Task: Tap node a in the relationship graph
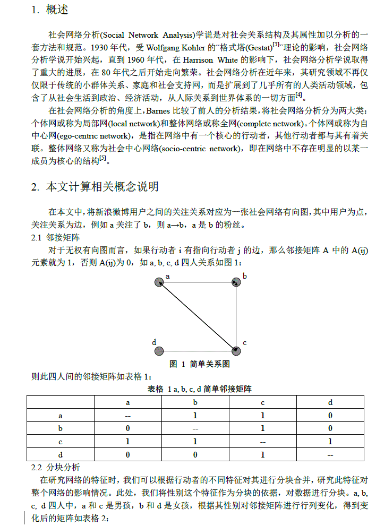coord(158,283)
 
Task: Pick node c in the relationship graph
coord(236,350)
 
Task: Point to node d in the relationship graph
coord(158,350)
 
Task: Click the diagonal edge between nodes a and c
coord(197,317)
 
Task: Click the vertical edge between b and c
coord(236,317)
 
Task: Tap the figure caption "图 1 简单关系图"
coord(199,365)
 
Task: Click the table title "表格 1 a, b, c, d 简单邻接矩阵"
coord(199,389)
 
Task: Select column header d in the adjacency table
coord(330,403)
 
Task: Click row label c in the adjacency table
coord(61,442)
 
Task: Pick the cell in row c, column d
coord(330,442)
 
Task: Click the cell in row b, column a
coord(128,428)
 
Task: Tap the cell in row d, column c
coord(262,455)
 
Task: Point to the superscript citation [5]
coord(102,158)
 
